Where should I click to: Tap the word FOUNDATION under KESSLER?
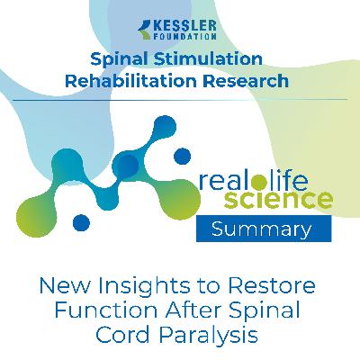click(186, 38)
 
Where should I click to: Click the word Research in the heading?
click(249, 80)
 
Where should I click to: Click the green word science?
click(283, 198)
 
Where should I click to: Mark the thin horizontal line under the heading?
click(180, 99)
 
